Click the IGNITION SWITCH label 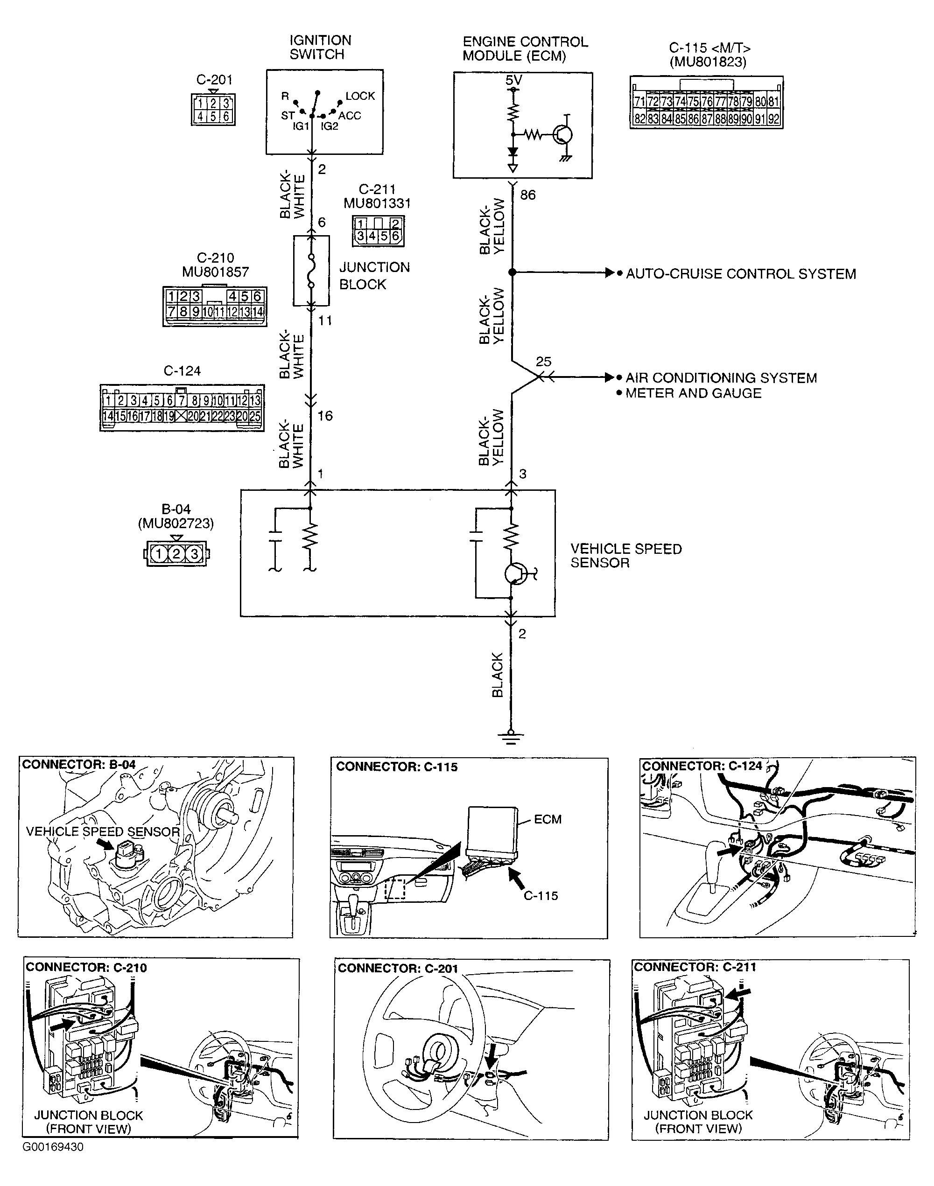click(320, 48)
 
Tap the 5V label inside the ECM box click(513, 80)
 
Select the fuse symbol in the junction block click(311, 271)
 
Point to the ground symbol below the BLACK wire click(511, 736)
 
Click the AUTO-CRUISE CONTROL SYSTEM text click(740, 274)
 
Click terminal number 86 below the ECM click(528, 195)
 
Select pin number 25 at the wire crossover click(543, 362)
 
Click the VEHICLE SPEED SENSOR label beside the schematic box click(625, 555)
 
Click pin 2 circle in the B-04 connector click(176, 554)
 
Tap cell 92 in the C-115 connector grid click(773, 119)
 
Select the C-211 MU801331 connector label click(377, 196)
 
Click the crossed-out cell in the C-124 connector click(181, 417)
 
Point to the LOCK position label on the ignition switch click(360, 96)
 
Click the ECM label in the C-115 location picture click(548, 819)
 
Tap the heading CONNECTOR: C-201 click(398, 969)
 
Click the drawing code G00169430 click(53, 1147)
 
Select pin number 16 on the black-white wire click(325, 416)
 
